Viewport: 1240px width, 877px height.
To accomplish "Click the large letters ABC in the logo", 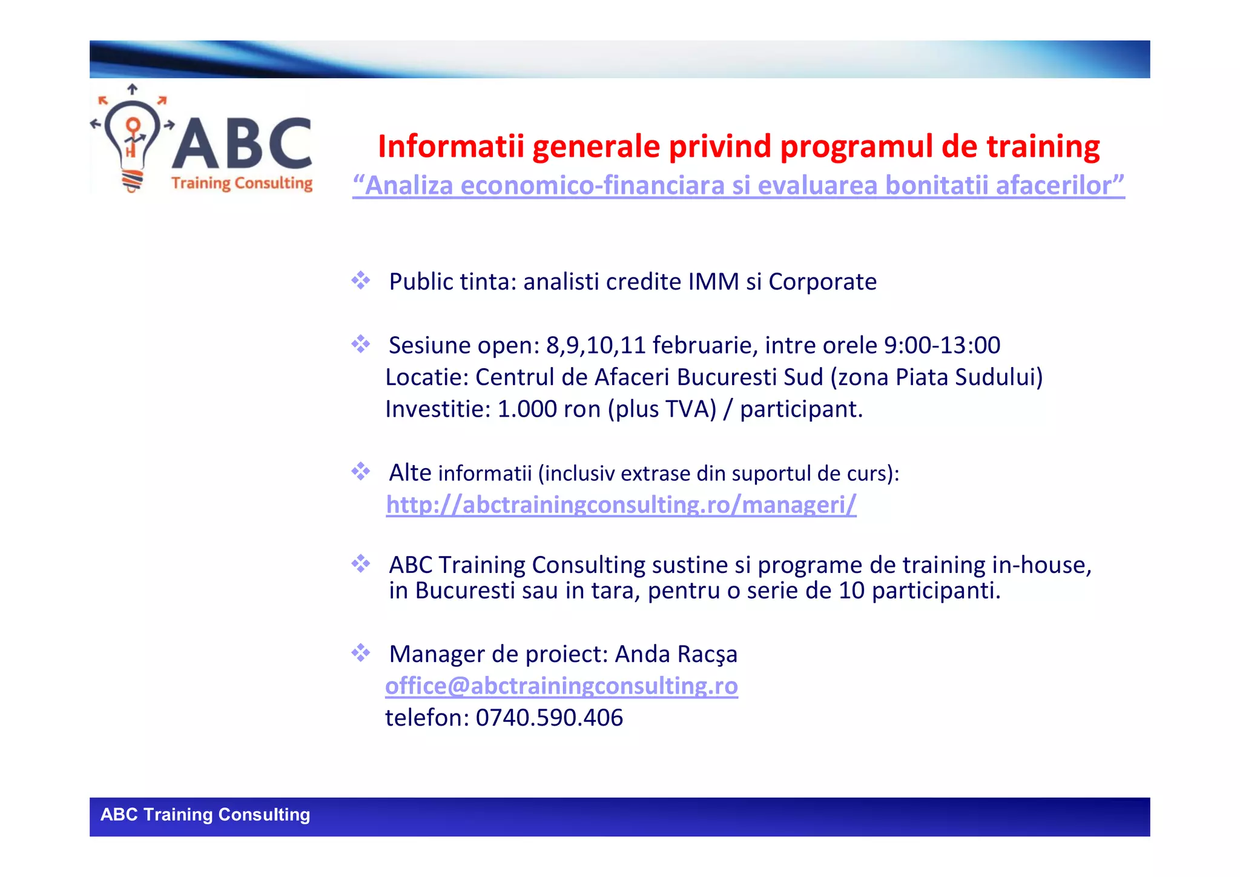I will coord(242,144).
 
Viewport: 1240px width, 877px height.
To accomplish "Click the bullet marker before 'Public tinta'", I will coord(361,280).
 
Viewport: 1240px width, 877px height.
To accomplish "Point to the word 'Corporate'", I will coord(822,282).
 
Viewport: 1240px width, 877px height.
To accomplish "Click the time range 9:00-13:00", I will coord(942,345).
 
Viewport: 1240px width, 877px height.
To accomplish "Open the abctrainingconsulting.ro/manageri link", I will coord(621,505).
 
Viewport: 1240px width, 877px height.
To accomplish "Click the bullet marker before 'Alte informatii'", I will coord(361,471).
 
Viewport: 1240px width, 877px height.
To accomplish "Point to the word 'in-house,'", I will coord(1041,565).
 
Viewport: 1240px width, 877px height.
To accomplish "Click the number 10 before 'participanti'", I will coord(851,591).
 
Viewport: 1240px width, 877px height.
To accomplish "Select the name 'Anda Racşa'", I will coord(676,655).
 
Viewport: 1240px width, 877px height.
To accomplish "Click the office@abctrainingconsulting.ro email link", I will coord(561,686).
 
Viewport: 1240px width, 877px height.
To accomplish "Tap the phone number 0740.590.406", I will coord(549,718).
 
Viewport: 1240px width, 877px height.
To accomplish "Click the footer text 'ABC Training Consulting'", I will coord(205,815).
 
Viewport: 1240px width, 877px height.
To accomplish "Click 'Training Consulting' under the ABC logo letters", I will coord(242,183).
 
